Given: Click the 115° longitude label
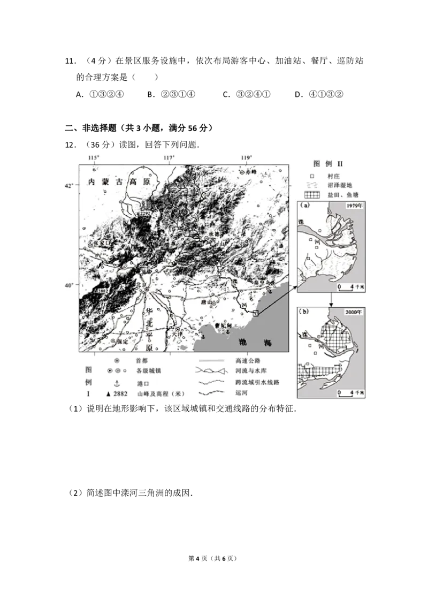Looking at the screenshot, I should click(x=94, y=157).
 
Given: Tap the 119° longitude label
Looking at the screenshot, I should click(x=247, y=157).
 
